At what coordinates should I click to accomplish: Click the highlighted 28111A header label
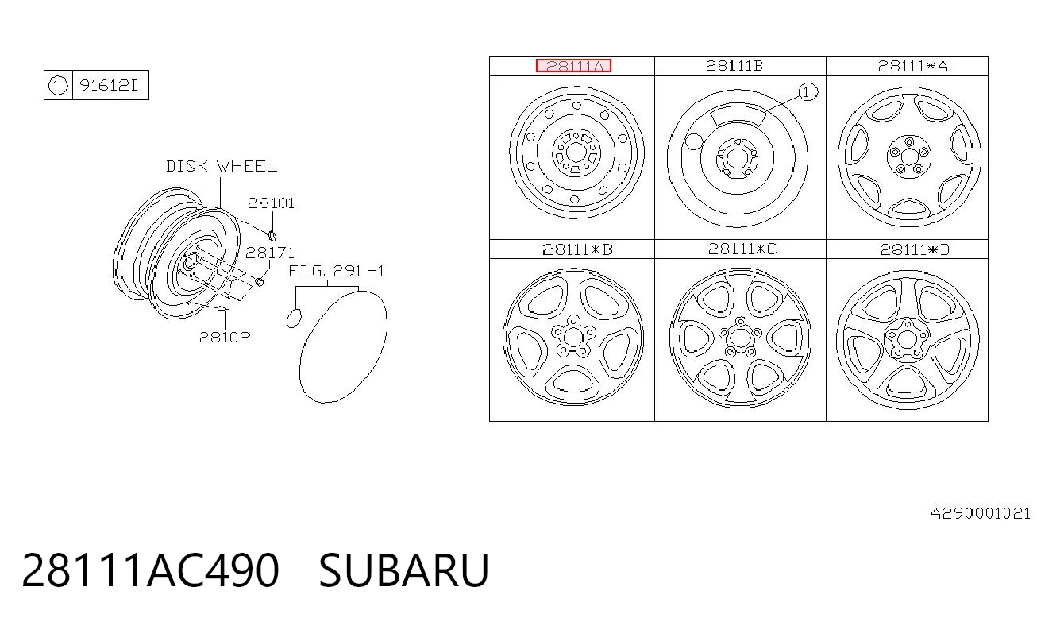573,66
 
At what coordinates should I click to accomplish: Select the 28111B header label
734,66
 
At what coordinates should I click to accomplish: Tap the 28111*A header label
913,66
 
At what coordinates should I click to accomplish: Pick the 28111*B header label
577,249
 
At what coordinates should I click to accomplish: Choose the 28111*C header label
742,249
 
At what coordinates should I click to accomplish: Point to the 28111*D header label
914,249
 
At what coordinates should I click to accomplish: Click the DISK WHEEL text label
222,166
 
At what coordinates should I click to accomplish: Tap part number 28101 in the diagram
271,203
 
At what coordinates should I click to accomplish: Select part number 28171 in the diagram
269,253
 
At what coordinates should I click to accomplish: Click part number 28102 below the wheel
225,337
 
